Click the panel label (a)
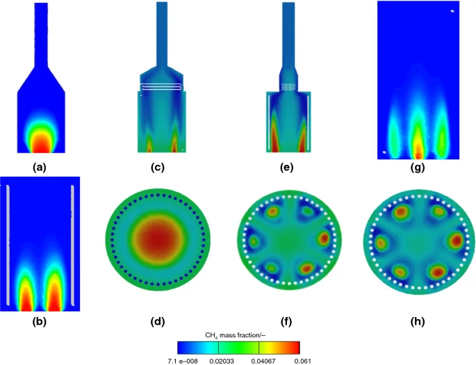coord(40,168)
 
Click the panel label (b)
coord(40,322)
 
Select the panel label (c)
coord(158,168)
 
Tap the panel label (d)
coord(158,322)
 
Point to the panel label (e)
coord(287,168)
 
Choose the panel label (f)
coord(287,322)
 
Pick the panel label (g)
coord(418,168)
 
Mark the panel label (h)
coord(418,322)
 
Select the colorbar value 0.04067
coord(264,361)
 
